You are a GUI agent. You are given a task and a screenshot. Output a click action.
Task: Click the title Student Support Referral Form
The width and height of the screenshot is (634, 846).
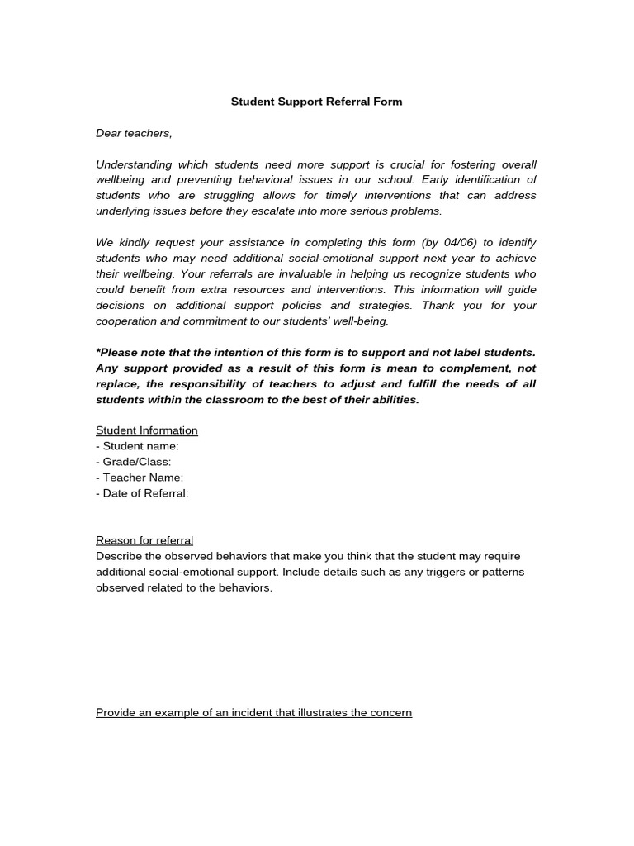pyautogui.click(x=316, y=102)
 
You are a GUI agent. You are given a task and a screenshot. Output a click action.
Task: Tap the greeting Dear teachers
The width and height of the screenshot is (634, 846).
pyautogui.click(x=134, y=133)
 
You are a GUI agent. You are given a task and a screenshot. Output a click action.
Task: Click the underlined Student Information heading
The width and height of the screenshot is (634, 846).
pyautogui.click(x=147, y=430)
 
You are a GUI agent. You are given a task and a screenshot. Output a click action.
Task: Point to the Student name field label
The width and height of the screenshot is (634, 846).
pyautogui.click(x=137, y=446)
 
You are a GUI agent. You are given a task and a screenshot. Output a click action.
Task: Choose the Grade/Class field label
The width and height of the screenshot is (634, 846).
pyautogui.click(x=134, y=462)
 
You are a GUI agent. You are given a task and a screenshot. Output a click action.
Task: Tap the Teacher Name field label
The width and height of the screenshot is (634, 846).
pyautogui.click(x=140, y=478)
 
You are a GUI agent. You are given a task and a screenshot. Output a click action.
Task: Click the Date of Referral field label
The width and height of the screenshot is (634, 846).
pyautogui.click(x=142, y=493)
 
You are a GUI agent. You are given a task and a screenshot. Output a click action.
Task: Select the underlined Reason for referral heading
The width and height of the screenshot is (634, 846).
pyautogui.click(x=144, y=540)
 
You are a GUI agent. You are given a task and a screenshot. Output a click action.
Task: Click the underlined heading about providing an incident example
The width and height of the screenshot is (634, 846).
pyautogui.click(x=253, y=712)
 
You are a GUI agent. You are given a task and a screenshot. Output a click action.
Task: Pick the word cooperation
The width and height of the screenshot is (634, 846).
pyautogui.click(x=127, y=321)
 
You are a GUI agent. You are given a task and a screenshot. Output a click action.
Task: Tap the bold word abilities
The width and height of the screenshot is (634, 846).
pyautogui.click(x=394, y=399)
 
